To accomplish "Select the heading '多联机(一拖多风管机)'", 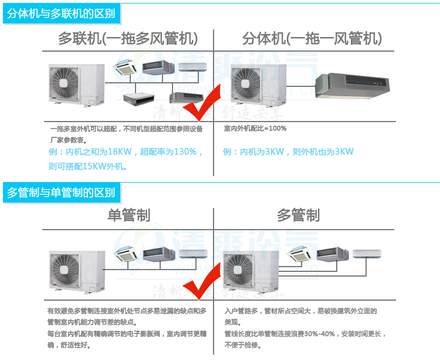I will click(128, 39).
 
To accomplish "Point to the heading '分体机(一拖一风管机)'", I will click(312, 39).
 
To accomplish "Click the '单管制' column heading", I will click(128, 215).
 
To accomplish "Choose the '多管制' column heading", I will click(298, 215).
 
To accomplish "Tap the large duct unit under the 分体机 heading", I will click(353, 86).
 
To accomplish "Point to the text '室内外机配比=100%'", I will click(255, 128).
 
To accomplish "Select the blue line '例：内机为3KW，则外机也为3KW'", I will click(289, 152).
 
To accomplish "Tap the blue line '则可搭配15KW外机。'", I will click(88, 166).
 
